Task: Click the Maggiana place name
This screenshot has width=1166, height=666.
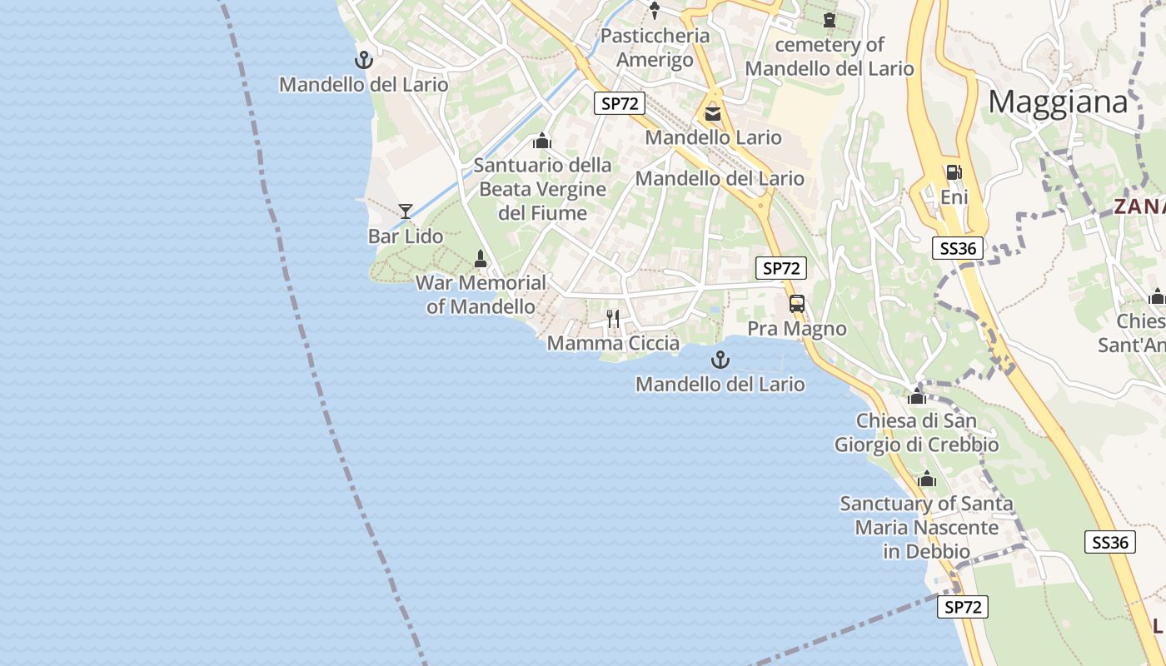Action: (x=1058, y=102)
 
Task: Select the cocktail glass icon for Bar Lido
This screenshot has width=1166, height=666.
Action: (x=406, y=211)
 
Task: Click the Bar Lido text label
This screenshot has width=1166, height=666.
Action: (x=406, y=236)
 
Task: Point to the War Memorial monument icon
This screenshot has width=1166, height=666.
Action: (x=480, y=259)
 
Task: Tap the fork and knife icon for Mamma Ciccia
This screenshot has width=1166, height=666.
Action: (x=613, y=319)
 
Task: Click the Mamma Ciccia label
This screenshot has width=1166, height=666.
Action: (x=613, y=343)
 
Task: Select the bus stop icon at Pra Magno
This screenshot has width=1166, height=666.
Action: (x=797, y=304)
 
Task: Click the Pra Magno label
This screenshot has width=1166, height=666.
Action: (x=797, y=329)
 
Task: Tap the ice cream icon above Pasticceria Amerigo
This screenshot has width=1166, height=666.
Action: (x=655, y=11)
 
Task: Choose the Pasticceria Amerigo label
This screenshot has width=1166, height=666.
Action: (x=655, y=48)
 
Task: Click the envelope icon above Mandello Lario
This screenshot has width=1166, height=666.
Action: (x=713, y=114)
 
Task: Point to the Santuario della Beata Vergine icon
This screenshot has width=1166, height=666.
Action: (x=542, y=141)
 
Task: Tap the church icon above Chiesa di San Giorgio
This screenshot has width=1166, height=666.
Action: (x=917, y=396)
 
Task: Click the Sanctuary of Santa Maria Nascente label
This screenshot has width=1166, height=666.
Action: (x=926, y=527)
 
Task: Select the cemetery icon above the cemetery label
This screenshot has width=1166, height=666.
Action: (x=829, y=20)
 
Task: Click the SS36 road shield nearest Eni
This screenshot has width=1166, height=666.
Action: (x=958, y=247)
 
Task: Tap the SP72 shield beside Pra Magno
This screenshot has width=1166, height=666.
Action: (x=781, y=268)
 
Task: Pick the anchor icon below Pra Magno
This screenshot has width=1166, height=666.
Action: (x=720, y=360)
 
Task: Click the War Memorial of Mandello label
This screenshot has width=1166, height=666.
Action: (x=481, y=295)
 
